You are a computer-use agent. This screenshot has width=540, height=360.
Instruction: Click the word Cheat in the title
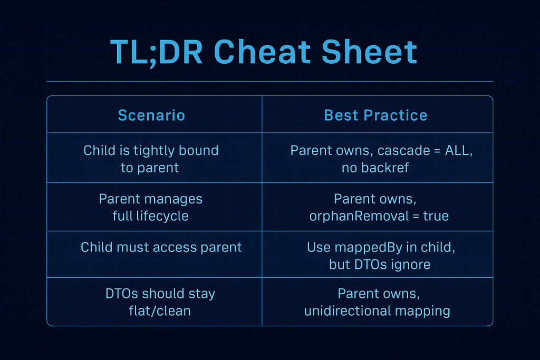[263, 52]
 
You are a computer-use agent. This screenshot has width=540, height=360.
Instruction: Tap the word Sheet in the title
[370, 52]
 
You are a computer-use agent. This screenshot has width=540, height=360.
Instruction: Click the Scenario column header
[151, 115]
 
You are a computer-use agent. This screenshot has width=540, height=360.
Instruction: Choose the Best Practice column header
[375, 115]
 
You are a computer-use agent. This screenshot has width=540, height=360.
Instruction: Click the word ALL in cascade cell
[458, 150]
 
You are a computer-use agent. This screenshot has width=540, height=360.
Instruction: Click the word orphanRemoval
[359, 216]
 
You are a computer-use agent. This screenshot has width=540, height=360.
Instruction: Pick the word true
[436, 216]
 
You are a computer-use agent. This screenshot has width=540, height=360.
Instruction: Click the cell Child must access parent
[161, 247]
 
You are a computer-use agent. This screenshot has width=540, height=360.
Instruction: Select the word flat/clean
[160, 311]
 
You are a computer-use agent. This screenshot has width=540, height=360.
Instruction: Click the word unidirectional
[348, 311]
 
